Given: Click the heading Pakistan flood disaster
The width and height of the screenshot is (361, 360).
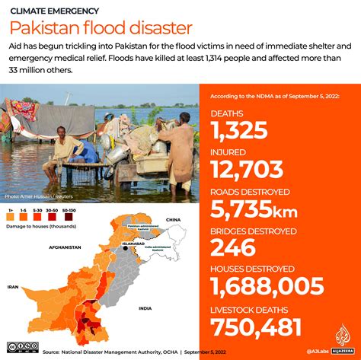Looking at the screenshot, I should [101, 29].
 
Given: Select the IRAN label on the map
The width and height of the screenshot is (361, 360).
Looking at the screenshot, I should [13, 287].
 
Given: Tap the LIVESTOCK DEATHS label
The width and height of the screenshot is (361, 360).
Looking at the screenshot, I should [248, 309].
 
